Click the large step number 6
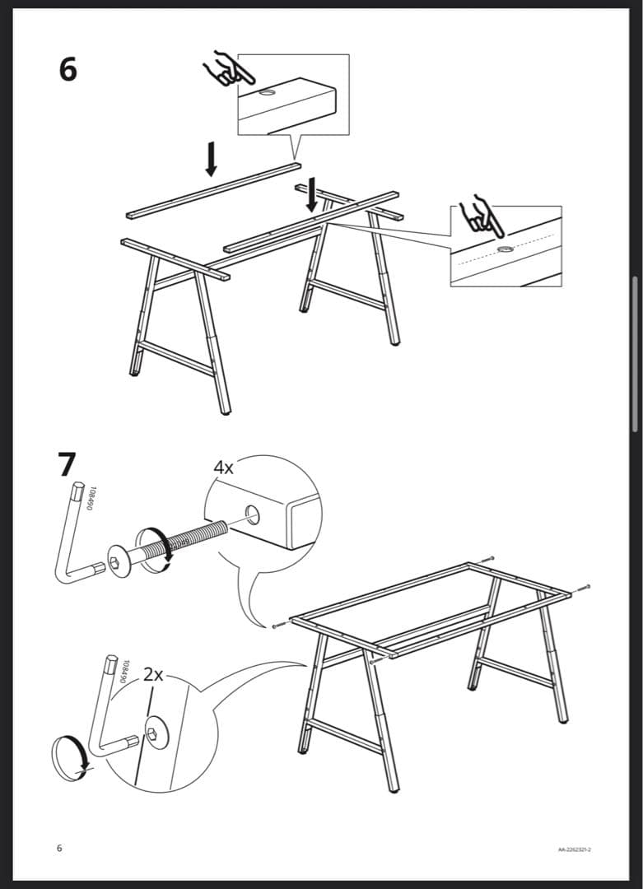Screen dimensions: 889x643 click(x=68, y=69)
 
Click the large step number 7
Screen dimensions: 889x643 click(x=68, y=464)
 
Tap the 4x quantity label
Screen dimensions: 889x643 click(x=223, y=468)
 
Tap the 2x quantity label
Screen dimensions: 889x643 click(x=153, y=674)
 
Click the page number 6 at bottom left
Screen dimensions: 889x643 click(x=59, y=848)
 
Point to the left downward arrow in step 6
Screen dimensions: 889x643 click(x=211, y=158)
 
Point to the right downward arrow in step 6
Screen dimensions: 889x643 click(x=311, y=193)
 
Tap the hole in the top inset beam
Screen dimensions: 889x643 click(x=268, y=95)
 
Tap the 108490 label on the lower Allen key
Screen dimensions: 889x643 click(x=124, y=672)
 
